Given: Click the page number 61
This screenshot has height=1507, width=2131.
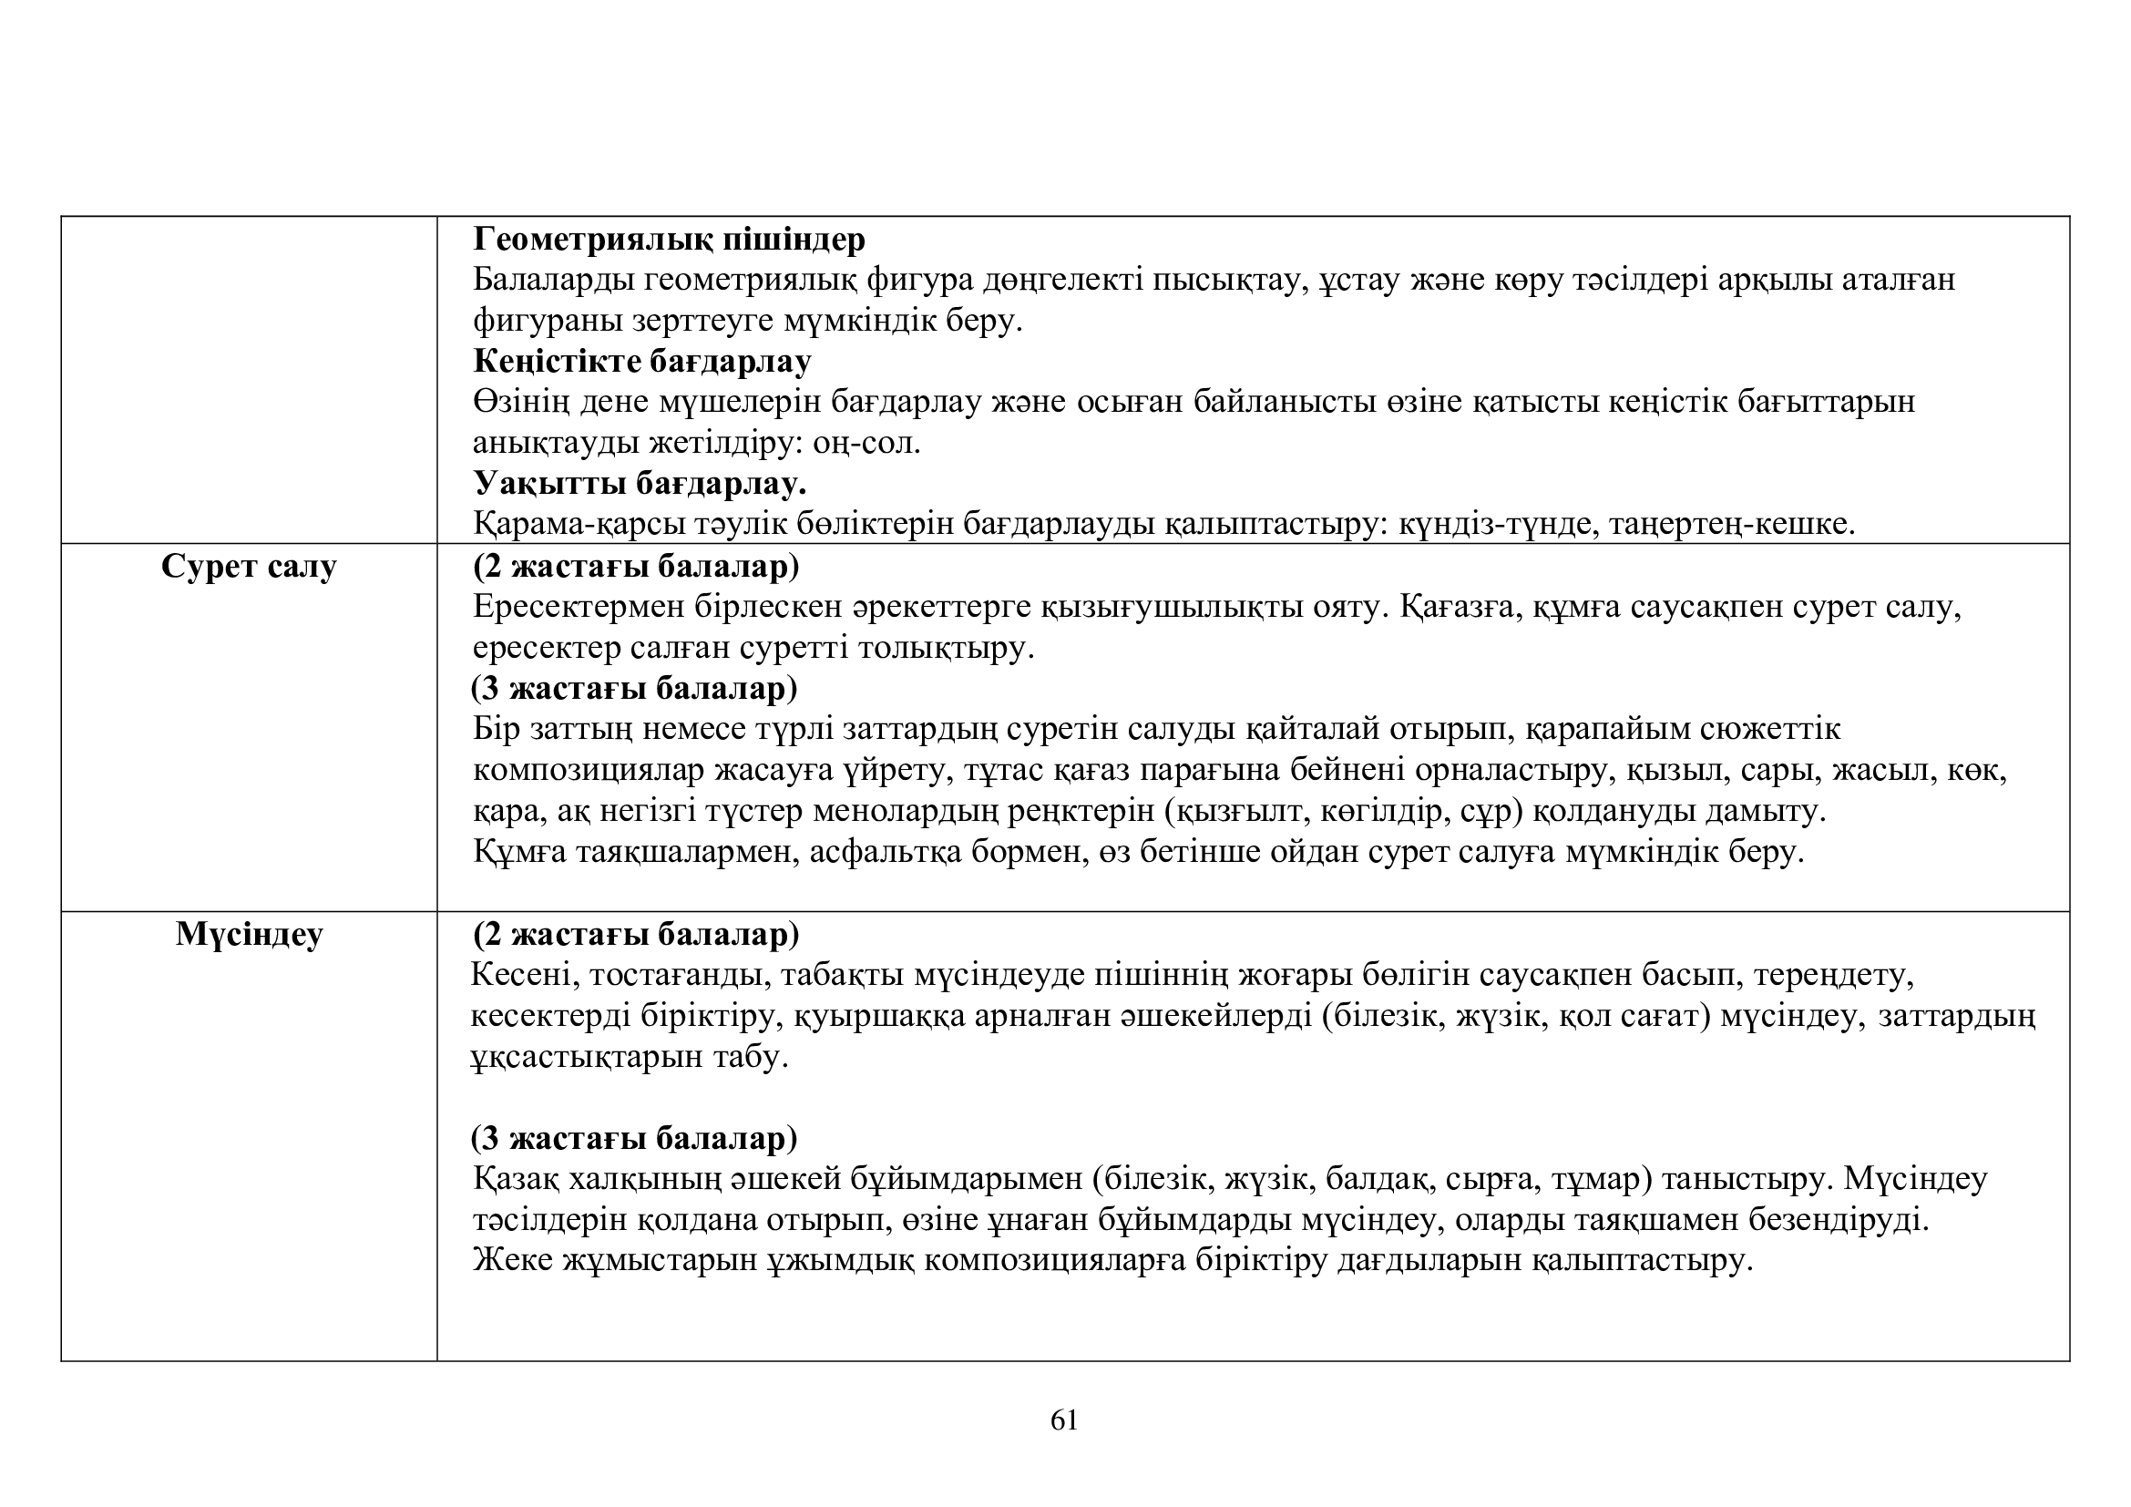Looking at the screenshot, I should coord(1063,1420).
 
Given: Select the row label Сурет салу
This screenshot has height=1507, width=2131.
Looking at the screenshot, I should coord(249,566).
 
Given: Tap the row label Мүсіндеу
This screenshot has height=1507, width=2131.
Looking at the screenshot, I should coord(249,934).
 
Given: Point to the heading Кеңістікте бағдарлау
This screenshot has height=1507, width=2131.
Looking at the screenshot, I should coord(641,361).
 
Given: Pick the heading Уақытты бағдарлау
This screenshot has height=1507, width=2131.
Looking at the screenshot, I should coord(640,484).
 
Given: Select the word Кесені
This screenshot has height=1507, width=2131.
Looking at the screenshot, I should coord(524,975).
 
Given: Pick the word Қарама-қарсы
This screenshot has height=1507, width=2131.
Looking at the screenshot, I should coord(579,524).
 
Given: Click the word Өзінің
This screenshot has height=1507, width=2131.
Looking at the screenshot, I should coord(519,402).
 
